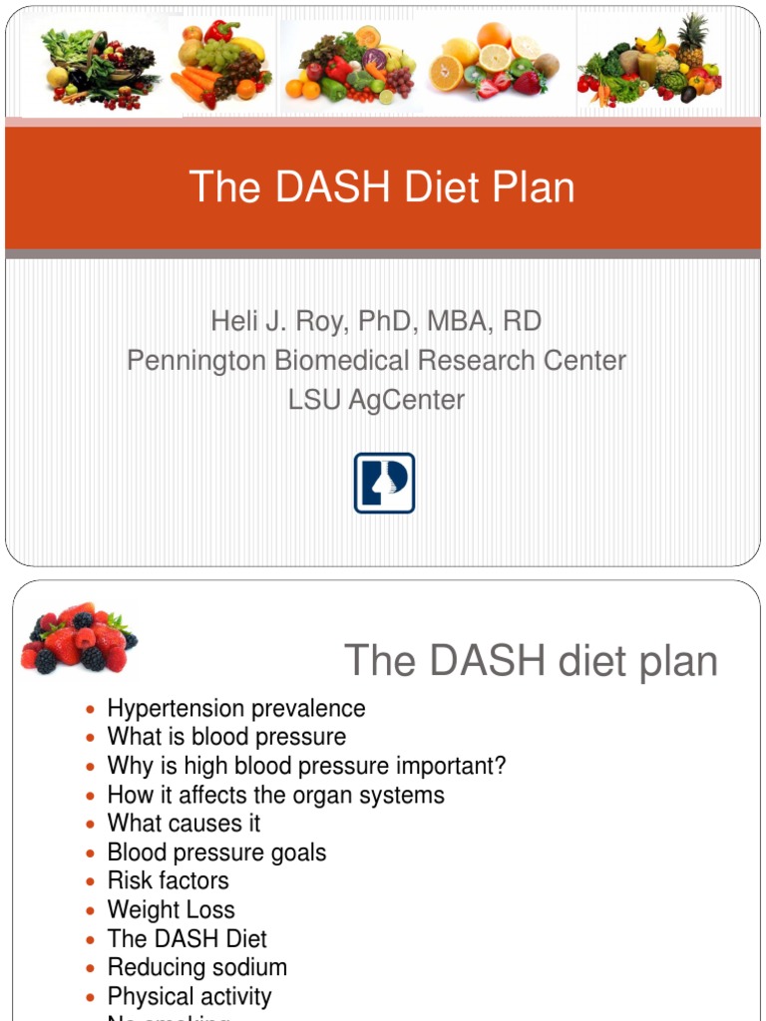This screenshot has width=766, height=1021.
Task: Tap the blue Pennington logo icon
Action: click(384, 484)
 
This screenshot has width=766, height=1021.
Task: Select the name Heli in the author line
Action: click(230, 321)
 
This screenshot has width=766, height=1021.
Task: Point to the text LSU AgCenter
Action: click(376, 399)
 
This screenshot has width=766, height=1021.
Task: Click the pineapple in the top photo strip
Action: click(692, 38)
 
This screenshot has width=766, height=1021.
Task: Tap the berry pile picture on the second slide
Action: click(78, 638)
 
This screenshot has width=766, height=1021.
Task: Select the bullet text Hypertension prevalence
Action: click(236, 708)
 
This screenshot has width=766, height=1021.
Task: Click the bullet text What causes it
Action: click(185, 824)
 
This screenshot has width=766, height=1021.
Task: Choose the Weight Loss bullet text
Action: click(172, 909)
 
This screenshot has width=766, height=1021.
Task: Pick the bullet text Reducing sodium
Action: click(197, 967)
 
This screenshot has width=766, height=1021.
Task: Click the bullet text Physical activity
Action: click(190, 996)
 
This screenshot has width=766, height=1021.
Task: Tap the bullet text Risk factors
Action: click(169, 880)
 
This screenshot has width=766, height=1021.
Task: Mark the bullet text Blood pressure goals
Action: click(216, 852)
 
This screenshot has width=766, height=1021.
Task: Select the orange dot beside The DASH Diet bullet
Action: click(91, 939)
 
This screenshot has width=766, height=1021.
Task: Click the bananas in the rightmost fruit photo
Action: click(649, 42)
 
